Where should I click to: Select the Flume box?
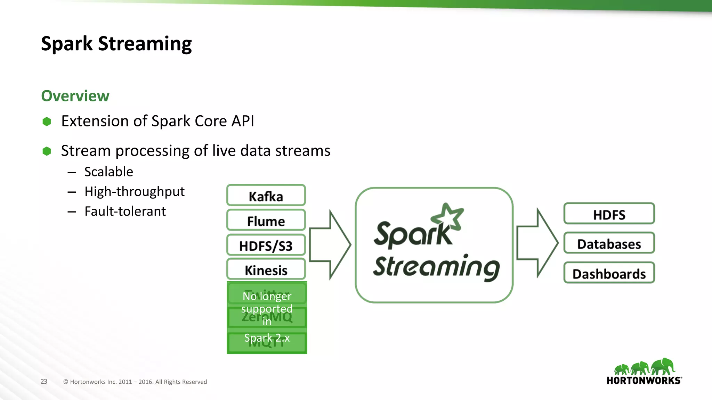click(x=266, y=220)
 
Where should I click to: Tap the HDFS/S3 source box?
click(x=266, y=245)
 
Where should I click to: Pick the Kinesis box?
click(x=266, y=270)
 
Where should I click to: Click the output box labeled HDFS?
click(x=609, y=214)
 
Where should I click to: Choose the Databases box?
click(x=609, y=244)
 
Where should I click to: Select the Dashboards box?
click(x=609, y=273)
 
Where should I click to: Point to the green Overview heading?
click(x=75, y=96)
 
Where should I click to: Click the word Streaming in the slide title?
click(x=145, y=44)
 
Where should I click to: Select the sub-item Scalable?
click(x=108, y=172)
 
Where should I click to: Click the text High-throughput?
click(x=134, y=191)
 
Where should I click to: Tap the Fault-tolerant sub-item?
click(x=125, y=211)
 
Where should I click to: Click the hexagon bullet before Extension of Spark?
click(x=47, y=122)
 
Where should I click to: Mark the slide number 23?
click(x=44, y=381)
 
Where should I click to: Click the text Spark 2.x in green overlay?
click(x=267, y=337)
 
